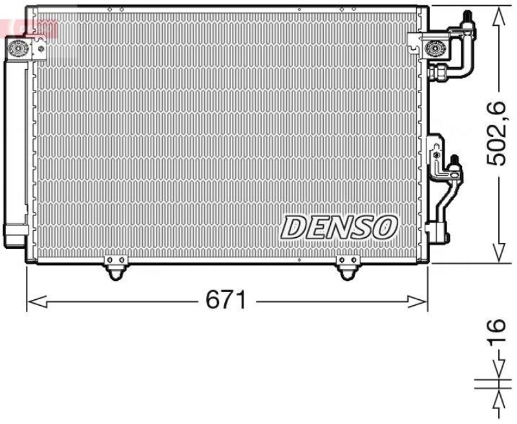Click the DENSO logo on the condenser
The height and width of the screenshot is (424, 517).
339,227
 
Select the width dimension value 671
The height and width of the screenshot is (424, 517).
226,300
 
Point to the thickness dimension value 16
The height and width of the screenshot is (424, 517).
496,334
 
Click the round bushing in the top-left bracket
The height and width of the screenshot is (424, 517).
17,48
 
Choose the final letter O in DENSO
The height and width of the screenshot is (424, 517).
386,227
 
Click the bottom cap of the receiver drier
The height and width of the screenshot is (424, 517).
16,233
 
